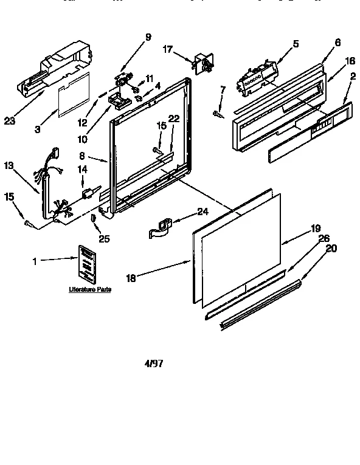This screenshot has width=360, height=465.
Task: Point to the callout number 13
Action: point(9,165)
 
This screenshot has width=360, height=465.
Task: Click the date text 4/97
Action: point(153,364)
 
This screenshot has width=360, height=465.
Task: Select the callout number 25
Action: point(104,239)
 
